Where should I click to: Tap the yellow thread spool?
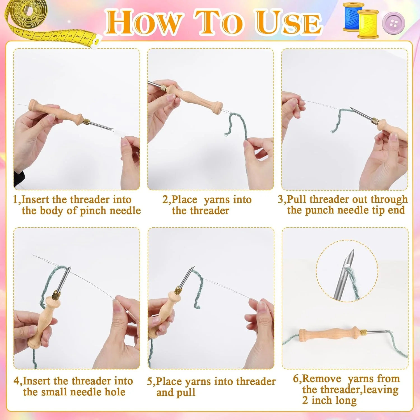[x=368, y=24]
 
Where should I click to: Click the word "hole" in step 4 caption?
[x=115, y=392]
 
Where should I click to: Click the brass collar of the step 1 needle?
[x=86, y=122]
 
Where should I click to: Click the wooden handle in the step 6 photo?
[x=329, y=335]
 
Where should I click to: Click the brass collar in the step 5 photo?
[x=178, y=291]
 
